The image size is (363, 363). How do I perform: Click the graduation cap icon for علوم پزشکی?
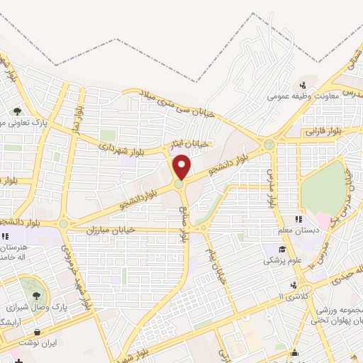pyautogui.click(x=281, y=249)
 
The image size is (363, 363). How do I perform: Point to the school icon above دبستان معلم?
pyautogui.click(x=298, y=218)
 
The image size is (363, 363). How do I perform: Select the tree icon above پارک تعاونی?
pyautogui.click(x=16, y=110)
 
